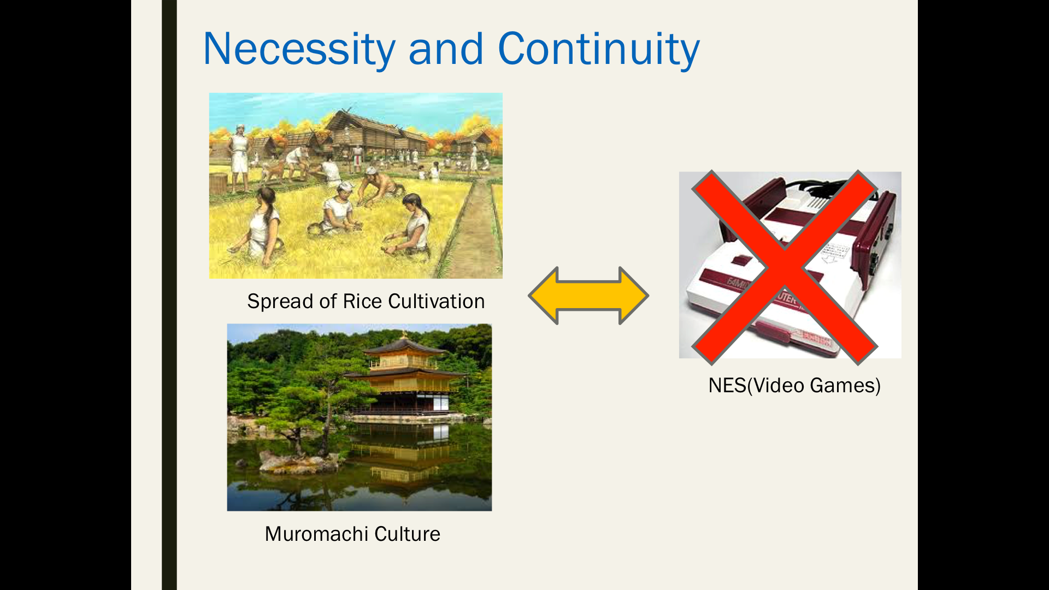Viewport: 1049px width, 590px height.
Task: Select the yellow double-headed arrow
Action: point(588,296)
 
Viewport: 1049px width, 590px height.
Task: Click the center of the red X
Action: point(785,267)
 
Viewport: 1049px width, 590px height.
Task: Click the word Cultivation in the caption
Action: point(437,302)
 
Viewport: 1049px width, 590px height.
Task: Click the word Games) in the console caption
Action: point(845,386)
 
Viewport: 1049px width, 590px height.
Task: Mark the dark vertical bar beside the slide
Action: point(169,295)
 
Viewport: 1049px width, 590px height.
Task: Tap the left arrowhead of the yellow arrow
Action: point(544,296)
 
